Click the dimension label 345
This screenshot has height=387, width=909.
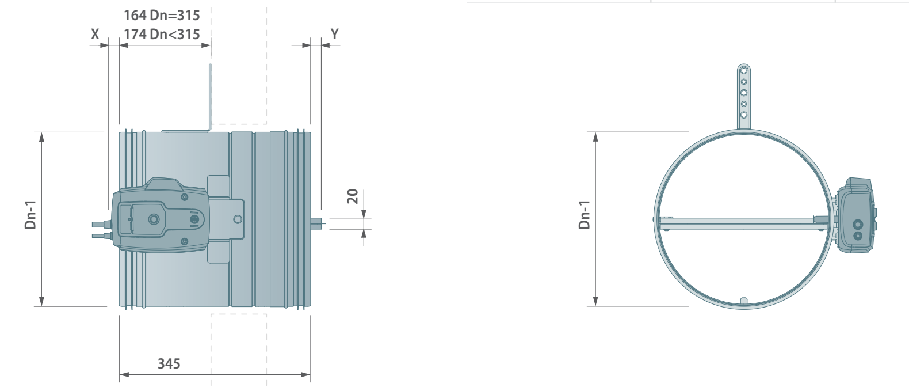[169, 364]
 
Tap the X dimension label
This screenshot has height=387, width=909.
[95, 34]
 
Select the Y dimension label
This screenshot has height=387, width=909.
[334, 34]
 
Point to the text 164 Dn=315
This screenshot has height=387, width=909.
[162, 16]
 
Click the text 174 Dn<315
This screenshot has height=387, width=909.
[162, 34]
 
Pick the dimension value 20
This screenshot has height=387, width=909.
[353, 196]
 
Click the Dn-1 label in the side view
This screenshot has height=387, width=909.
[30, 215]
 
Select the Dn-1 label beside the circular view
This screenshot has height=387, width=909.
[585, 215]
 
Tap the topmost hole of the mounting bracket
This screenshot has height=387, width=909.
[744, 71]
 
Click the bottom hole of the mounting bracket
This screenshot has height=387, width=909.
[744, 115]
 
